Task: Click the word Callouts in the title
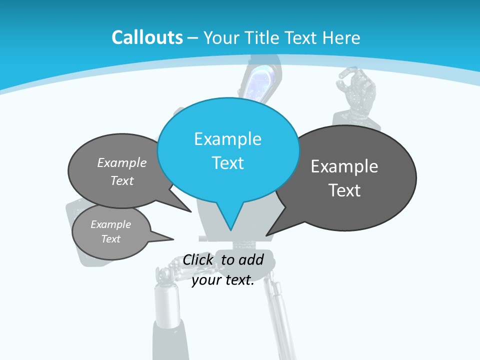147,37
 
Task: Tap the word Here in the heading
342,37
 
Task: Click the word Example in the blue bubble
227,138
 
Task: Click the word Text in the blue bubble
227,163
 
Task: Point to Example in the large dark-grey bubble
344,166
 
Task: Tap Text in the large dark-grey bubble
344,190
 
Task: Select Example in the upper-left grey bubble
122,162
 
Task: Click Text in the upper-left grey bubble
122,180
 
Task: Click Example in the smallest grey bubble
110,224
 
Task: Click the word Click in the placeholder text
197,259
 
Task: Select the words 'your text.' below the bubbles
223,280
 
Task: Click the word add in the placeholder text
250,259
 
